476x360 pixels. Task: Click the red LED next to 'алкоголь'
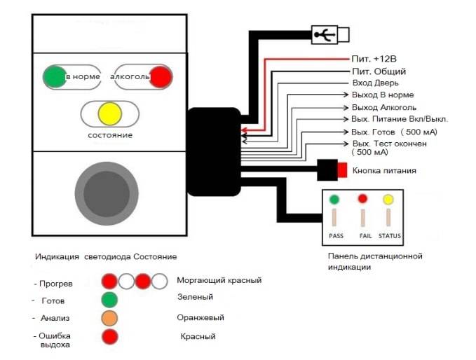tap(161, 76)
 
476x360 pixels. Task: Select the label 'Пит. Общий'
tap(379, 71)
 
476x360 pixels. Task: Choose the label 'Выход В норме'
tap(383, 95)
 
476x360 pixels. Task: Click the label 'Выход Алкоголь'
tap(384, 107)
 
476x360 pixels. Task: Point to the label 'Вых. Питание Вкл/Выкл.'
tap(400, 118)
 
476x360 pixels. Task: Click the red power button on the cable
tap(342, 170)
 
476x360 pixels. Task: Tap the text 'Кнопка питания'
tap(385, 170)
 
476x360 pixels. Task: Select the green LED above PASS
tap(334, 199)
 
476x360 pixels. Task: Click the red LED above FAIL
tap(363, 199)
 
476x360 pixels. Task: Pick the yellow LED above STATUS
tap(388, 200)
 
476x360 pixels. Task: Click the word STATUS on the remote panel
tap(389, 235)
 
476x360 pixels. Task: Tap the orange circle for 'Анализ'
tap(109, 318)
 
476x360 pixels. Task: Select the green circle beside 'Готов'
tap(109, 299)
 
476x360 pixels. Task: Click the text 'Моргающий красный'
tap(219, 280)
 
